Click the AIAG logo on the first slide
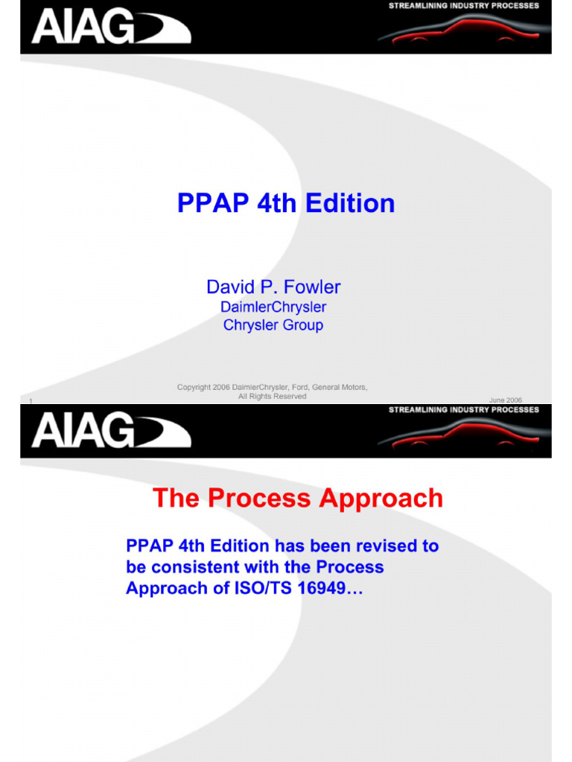[x=110, y=28]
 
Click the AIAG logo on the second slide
[x=110, y=432]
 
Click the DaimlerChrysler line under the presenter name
[x=273, y=307]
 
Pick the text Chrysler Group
[x=273, y=325]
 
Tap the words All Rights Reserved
[x=272, y=397]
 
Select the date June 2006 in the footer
[x=505, y=400]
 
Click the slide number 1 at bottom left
[x=31, y=402]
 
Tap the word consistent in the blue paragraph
[x=194, y=567]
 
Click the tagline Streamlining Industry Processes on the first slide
[x=463, y=6]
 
